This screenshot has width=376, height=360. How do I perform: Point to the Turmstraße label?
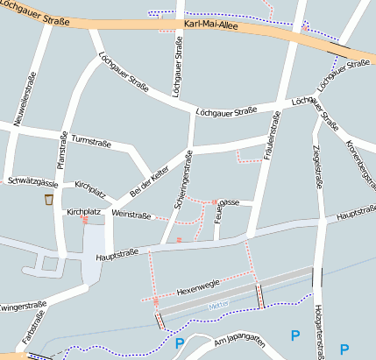pyautogui.click(x=90, y=139)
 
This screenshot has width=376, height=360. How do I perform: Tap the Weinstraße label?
pyautogui.click(x=131, y=214)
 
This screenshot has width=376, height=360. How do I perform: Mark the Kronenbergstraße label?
pyautogui.click(x=358, y=161)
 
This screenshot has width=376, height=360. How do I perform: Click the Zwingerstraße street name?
pyautogui.click(x=23, y=307)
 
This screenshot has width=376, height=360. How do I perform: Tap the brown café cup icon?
pyautogui.click(x=49, y=201)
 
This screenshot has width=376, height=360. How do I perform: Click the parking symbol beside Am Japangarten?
pyautogui.click(x=181, y=343)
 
